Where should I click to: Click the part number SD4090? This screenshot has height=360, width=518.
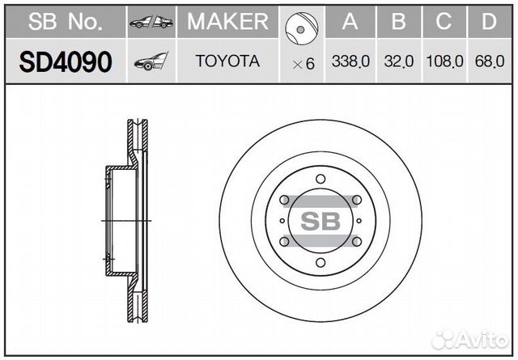tap(66, 61)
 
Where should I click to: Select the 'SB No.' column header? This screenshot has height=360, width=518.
tap(66, 22)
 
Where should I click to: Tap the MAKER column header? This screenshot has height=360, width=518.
tap(227, 22)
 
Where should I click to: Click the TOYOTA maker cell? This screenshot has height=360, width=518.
tap(227, 61)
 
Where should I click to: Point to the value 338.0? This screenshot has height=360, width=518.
tap(350, 61)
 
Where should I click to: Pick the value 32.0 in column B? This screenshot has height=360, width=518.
tap(399, 61)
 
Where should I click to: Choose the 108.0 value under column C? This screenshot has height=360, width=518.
tap(444, 61)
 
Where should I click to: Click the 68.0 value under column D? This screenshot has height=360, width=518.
tap(490, 61)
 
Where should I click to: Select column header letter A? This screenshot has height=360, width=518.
tap(350, 22)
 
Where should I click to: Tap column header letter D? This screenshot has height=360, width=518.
tap(489, 22)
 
